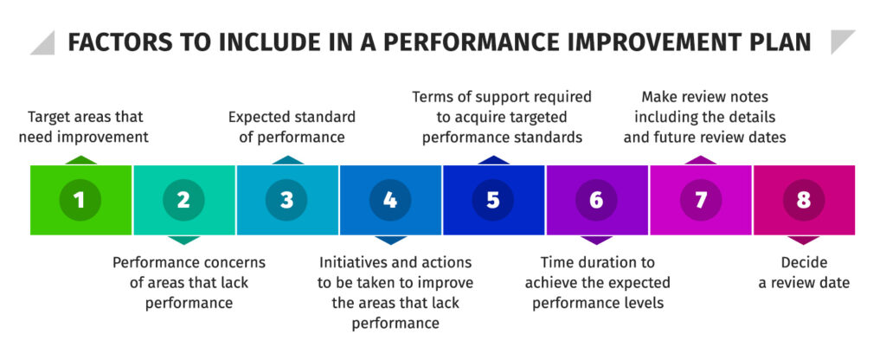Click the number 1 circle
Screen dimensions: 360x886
coord(80,200)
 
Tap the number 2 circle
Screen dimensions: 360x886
coord(183,200)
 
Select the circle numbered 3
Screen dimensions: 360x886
coord(286,200)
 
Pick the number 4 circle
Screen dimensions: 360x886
coord(390,200)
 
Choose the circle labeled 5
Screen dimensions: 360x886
coord(493,200)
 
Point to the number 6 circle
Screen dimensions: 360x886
coord(596,200)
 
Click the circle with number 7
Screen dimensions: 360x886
coord(700,200)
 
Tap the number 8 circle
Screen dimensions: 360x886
coord(804,200)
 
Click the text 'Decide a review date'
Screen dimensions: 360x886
coord(804,273)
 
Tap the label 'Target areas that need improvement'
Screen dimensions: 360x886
coord(86,126)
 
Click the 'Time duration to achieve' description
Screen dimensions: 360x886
coord(597,282)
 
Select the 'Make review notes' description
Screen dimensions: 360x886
coord(704,117)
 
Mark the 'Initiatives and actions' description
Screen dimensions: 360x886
coord(395,292)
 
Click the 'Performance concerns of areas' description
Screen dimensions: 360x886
coord(189,282)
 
